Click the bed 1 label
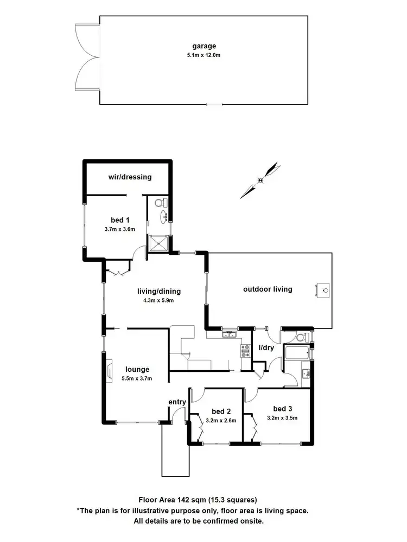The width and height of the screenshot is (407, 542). click(120, 220)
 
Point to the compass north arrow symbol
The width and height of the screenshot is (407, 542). click(261, 180)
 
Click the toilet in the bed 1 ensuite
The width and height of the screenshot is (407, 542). click(160, 203)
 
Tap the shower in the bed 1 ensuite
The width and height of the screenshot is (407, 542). click(160, 243)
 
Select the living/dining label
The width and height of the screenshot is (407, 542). click(158, 291)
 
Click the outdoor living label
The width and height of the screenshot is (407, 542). click(268, 289)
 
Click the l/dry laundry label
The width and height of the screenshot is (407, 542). click(266, 347)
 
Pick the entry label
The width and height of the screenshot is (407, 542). click(177, 402)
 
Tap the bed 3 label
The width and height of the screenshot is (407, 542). click(282, 409)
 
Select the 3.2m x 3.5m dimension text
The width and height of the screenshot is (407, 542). click(282, 418)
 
